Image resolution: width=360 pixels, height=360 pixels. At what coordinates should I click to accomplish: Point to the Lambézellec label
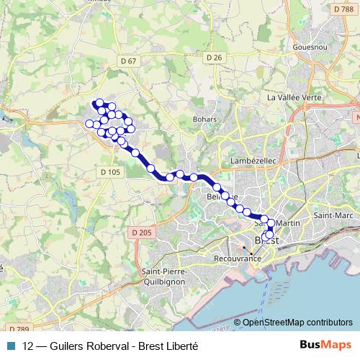249,160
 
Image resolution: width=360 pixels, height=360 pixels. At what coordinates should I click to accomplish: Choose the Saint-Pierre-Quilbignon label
166,276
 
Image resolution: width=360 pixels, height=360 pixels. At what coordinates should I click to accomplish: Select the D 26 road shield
213,57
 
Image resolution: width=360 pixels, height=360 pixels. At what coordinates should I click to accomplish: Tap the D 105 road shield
110,171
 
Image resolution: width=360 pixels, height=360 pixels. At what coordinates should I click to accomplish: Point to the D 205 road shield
142,232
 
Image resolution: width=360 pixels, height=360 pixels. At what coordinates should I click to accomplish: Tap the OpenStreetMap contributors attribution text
297,323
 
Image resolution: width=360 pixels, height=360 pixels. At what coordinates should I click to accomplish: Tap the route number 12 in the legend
28,346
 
